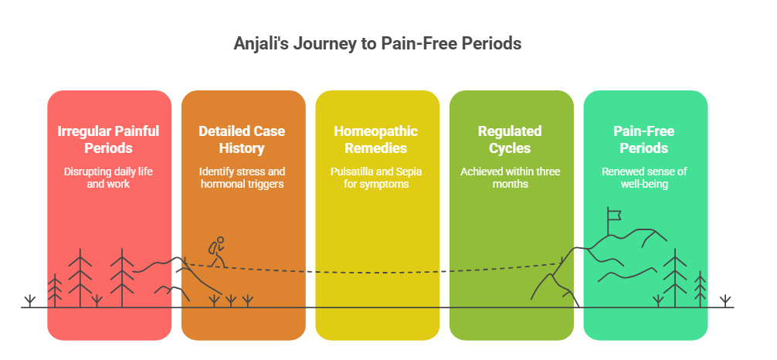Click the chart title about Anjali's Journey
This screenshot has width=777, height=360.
click(x=378, y=43)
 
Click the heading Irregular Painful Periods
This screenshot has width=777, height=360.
click(x=109, y=139)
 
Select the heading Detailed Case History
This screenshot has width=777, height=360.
click(x=243, y=139)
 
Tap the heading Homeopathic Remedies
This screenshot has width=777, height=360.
click(x=377, y=139)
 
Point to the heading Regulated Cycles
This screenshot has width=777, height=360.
click(x=510, y=139)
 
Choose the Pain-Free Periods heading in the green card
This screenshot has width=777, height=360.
click(x=645, y=139)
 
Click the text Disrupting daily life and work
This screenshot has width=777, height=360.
click(x=109, y=178)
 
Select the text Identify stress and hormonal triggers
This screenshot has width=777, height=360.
click(x=243, y=178)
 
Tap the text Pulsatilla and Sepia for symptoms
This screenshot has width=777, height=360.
click(x=377, y=178)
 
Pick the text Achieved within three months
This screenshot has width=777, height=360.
click(x=510, y=178)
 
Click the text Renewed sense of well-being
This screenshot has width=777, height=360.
click(x=645, y=178)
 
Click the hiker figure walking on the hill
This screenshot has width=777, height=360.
click(x=217, y=252)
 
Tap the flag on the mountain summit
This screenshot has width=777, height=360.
click(x=614, y=214)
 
